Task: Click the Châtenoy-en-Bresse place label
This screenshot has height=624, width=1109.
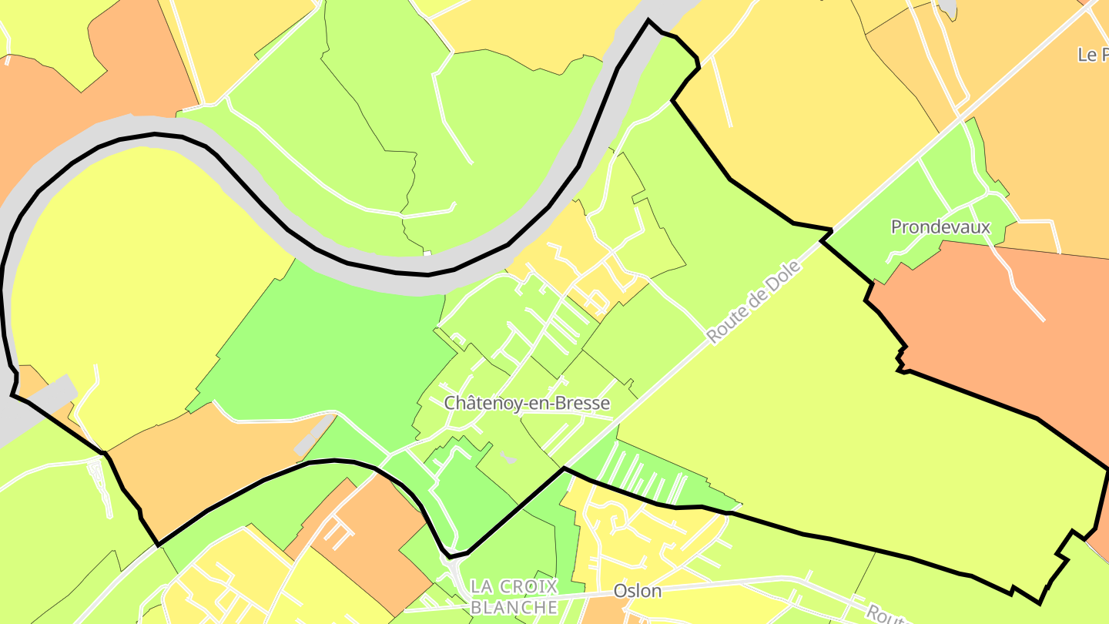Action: (527, 403)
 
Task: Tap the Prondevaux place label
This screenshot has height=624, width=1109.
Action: (940, 226)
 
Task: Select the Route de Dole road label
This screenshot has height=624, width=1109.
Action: (753, 303)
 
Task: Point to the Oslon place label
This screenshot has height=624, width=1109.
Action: (638, 591)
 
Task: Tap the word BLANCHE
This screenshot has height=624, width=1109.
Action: (514, 607)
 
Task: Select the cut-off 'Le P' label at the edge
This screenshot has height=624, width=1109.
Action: (1092, 55)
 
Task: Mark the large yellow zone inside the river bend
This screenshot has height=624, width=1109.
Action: (139, 270)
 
